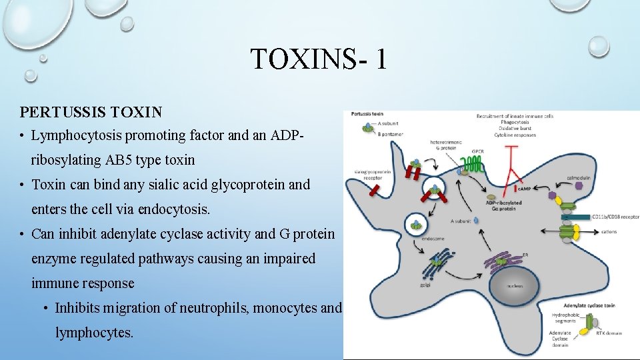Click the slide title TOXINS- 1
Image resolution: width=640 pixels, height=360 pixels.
[x=318, y=59]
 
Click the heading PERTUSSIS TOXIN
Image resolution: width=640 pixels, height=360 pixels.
[x=91, y=111]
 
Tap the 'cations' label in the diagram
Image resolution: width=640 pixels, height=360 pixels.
[x=608, y=232]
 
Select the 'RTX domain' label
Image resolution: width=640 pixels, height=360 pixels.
[x=609, y=333]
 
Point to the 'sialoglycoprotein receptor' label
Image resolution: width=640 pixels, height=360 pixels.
[x=365, y=175]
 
